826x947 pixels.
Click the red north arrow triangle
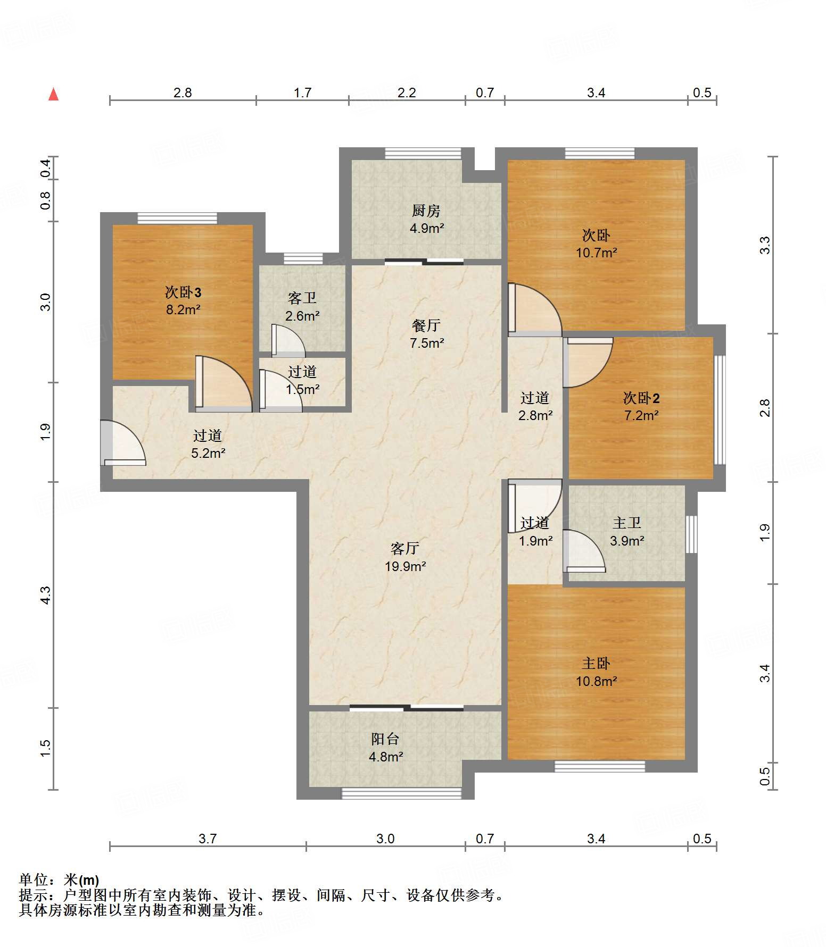click(x=53, y=94)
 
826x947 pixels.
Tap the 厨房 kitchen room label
click(x=426, y=211)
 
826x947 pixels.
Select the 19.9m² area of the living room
click(x=405, y=566)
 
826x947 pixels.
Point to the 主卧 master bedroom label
click(x=596, y=663)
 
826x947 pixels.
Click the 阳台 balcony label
click(x=385, y=739)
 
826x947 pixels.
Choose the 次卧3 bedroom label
click(x=183, y=292)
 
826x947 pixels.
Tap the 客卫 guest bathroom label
click(x=302, y=298)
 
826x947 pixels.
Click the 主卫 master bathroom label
click(x=626, y=523)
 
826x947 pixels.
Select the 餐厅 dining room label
click(x=426, y=325)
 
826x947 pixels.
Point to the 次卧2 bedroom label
click(x=641, y=398)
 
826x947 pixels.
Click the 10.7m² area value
click(x=596, y=253)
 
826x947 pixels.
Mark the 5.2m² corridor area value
click(x=208, y=454)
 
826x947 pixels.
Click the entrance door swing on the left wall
click(x=123, y=443)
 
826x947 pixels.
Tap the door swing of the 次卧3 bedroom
click(x=224, y=383)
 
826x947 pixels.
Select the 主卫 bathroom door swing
click(x=584, y=551)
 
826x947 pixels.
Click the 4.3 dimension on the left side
click(x=46, y=595)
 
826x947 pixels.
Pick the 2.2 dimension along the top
click(x=407, y=93)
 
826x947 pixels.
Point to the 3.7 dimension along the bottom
click(x=208, y=839)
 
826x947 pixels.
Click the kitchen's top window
click(x=423, y=153)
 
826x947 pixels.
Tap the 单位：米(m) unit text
click(x=59, y=880)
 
